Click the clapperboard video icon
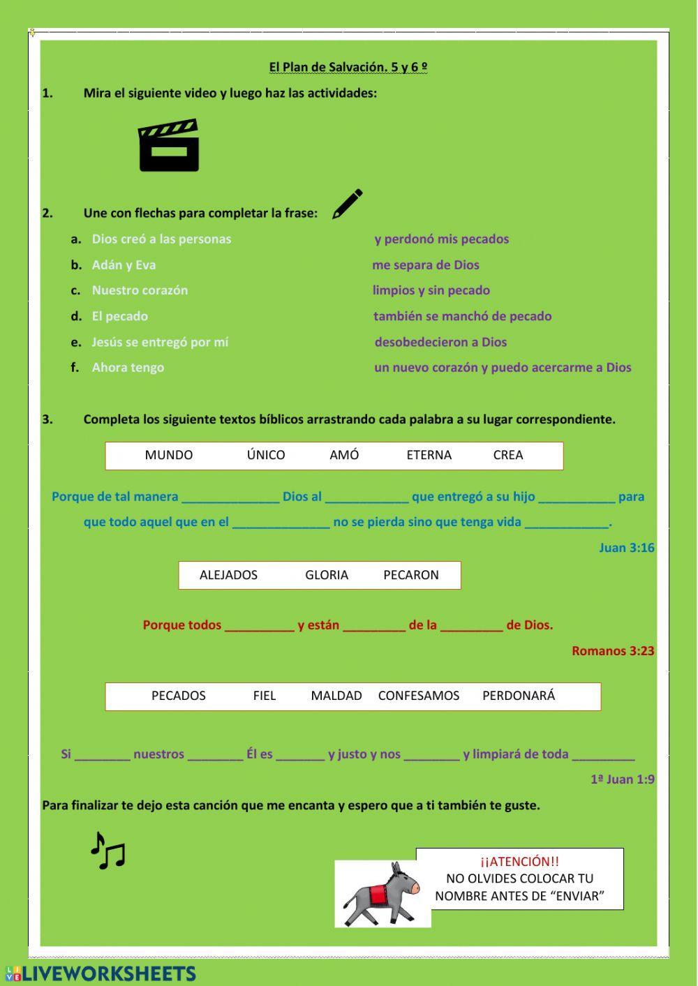169,146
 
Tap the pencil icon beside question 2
348,204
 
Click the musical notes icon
107,851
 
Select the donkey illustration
382,894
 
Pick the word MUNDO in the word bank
169,455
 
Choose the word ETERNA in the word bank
429,455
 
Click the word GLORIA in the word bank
327,575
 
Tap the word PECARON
411,575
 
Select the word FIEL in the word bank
265,696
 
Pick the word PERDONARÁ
519,696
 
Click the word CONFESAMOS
419,696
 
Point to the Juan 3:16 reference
626,548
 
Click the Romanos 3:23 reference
613,651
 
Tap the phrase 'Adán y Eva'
124,265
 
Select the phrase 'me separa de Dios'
426,265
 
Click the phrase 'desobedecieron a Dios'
440,342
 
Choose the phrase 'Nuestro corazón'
140,290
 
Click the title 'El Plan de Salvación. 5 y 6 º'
348,67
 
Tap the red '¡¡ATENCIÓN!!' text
519,862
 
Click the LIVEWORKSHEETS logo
101,974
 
